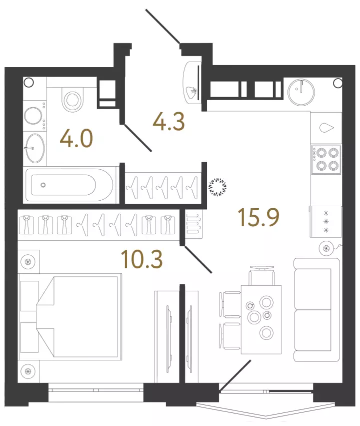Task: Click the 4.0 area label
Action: tap(76, 139)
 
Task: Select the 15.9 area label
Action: tap(258, 217)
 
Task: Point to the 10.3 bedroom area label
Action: tap(142, 259)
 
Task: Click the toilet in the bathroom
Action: tap(72, 99)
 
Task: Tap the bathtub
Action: tap(69, 185)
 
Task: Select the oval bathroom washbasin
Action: tap(34, 148)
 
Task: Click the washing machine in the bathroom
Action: tap(34, 116)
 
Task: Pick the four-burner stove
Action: tap(326, 159)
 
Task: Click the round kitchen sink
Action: tap(301, 93)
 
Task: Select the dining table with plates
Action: tap(261, 319)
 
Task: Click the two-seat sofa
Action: tap(316, 310)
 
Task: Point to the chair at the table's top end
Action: tap(262, 275)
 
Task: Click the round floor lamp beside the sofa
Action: tap(326, 248)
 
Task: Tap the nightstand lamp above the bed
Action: tap(28, 262)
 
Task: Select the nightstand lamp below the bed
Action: tap(28, 371)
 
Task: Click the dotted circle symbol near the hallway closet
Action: tap(217, 187)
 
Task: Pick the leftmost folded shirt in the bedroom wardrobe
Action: tap(26, 225)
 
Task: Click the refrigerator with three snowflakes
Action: tap(326, 221)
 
